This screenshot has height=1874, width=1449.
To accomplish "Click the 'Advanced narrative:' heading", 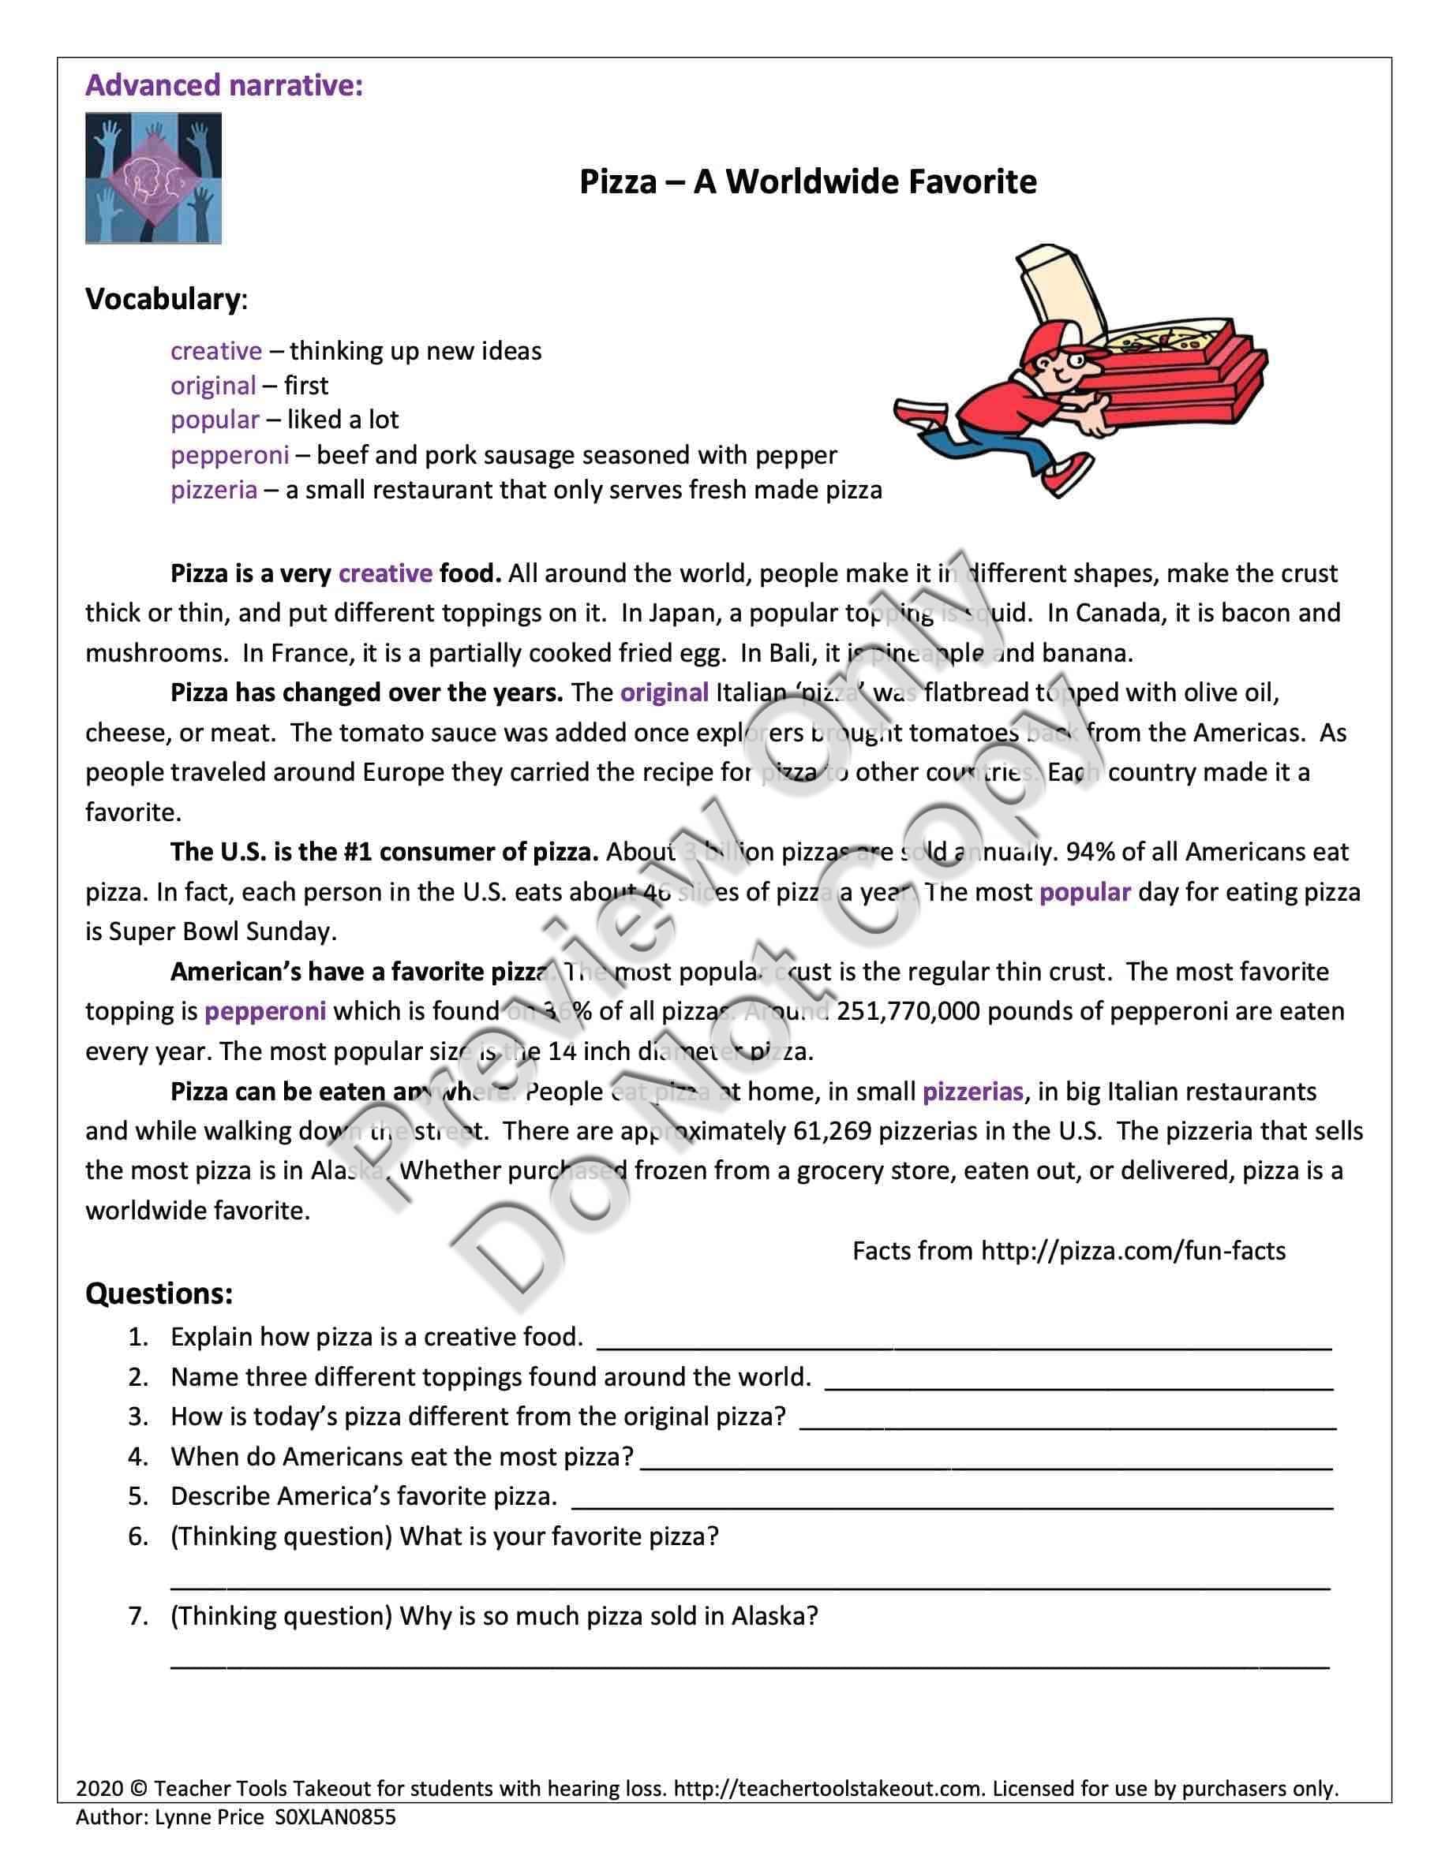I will [x=224, y=86].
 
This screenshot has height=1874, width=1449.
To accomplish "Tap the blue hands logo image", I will [x=153, y=177].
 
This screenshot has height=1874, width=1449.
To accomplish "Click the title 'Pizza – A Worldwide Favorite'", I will [x=808, y=182].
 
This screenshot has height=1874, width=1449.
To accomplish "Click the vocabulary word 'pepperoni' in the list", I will [x=229, y=455].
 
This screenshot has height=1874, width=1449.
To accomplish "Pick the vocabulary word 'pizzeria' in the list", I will [x=214, y=490].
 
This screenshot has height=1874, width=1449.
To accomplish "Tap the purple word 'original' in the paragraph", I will [x=665, y=692].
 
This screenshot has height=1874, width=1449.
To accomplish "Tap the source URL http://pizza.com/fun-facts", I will [x=1133, y=1251].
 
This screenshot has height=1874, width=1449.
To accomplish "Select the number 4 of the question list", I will [x=138, y=1457].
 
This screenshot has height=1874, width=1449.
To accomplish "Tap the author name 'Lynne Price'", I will [x=209, y=1816].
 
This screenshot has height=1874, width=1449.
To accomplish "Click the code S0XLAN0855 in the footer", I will [x=335, y=1816].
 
